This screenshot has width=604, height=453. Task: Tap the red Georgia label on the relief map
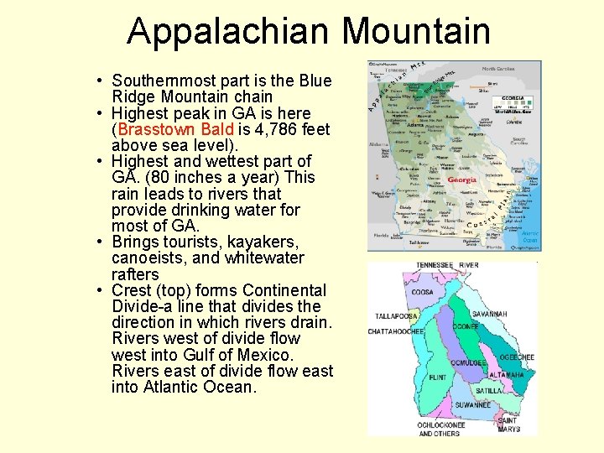[461, 180]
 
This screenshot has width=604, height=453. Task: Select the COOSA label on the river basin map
[422, 292]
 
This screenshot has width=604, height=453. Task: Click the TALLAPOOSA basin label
[397, 317]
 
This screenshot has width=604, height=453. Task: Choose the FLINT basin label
[437, 377]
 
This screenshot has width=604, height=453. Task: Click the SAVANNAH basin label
[489, 313]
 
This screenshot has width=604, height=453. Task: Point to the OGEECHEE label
[517, 357]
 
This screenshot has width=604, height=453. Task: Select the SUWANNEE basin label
[473, 405]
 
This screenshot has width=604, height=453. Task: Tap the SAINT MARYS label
[508, 424]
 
